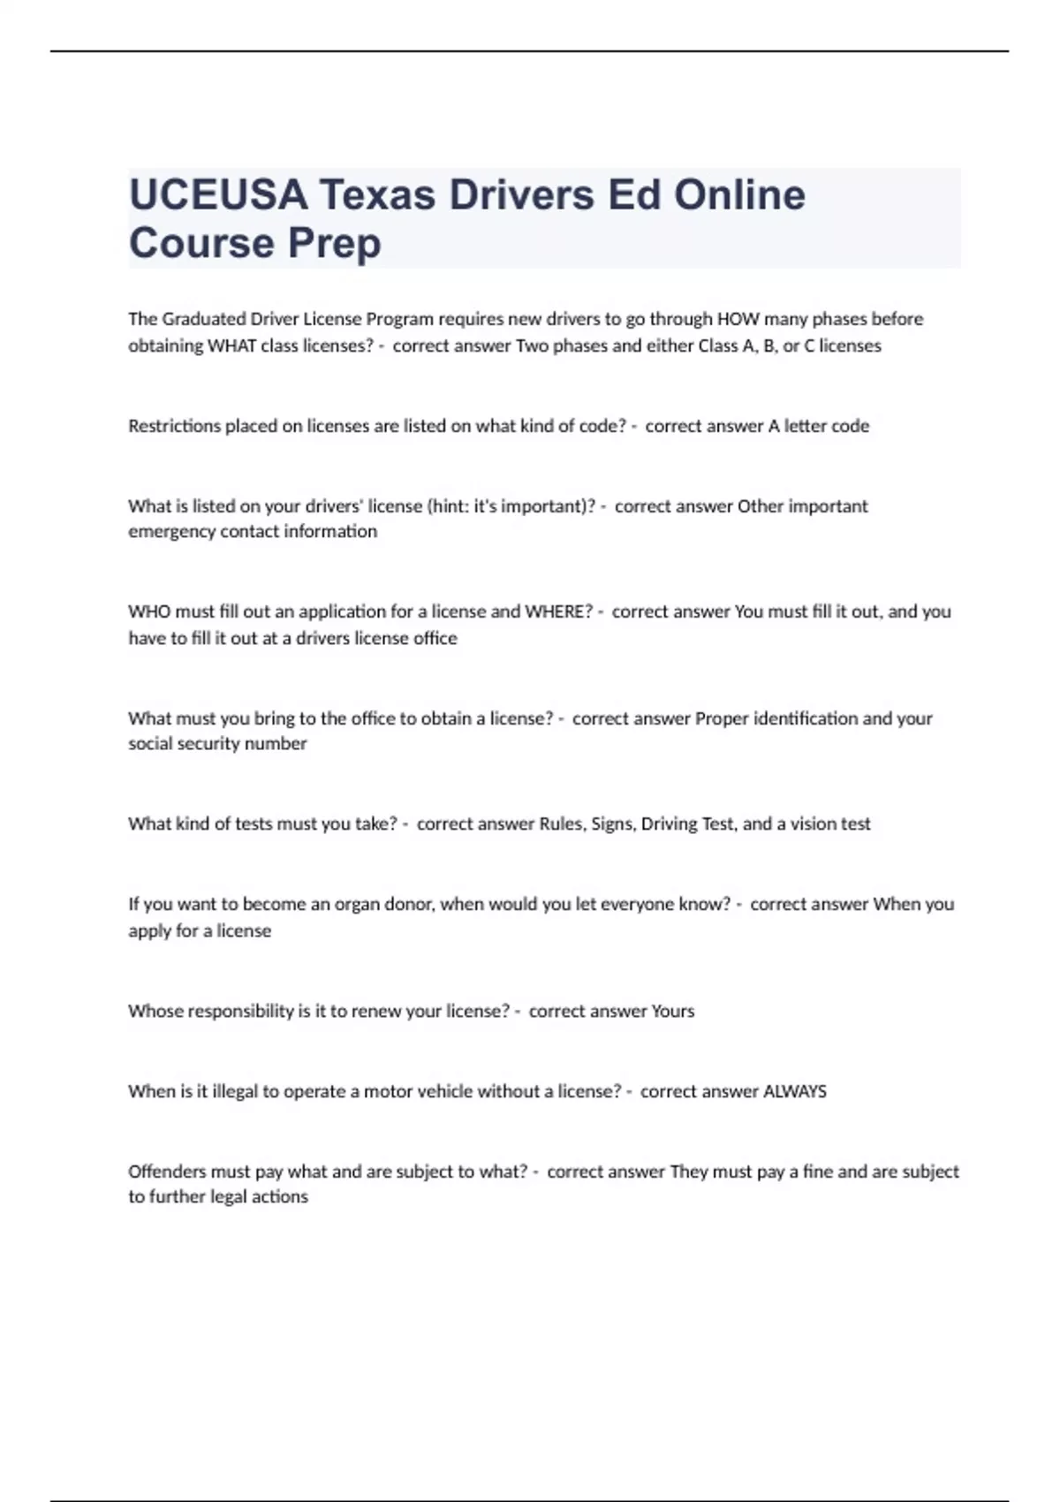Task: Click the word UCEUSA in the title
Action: [218, 195]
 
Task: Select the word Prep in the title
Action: [334, 243]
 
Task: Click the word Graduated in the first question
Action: [204, 319]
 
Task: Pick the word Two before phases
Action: [532, 345]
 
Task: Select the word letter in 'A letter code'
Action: [805, 426]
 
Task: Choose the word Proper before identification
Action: [722, 718]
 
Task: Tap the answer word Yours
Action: [672, 1011]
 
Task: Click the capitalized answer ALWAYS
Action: [794, 1091]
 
